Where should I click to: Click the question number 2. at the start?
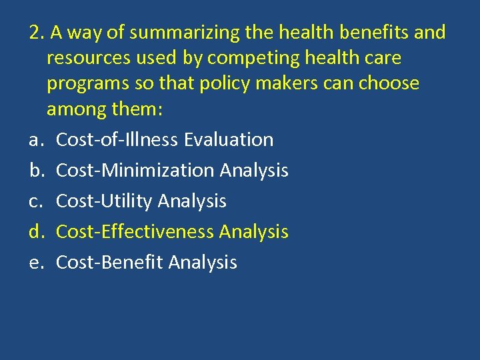click(x=35, y=33)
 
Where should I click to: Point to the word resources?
click(x=90, y=58)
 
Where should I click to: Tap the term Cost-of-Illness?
click(x=117, y=140)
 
